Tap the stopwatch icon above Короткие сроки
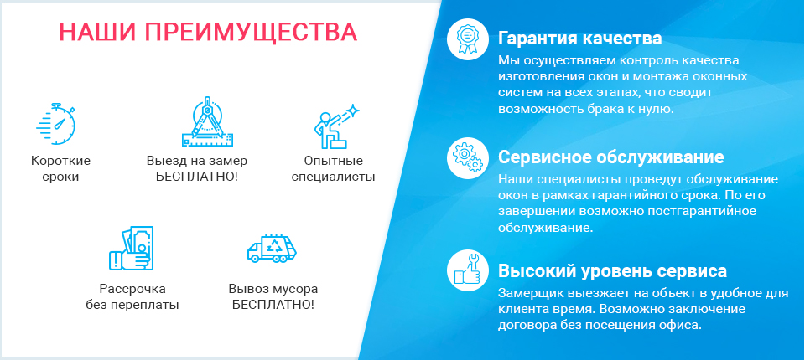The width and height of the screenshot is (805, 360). point(56,124)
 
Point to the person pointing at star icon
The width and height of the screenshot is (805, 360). point(336,126)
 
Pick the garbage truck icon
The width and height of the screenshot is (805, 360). point(272,249)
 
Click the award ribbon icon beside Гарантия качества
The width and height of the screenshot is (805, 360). point(467,39)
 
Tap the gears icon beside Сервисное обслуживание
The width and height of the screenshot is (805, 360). point(467,157)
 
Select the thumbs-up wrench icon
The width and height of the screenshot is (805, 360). point(467,270)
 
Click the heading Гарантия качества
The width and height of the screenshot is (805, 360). point(580,39)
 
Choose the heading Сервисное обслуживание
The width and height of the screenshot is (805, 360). point(611,157)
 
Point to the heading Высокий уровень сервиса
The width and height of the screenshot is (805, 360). point(612,270)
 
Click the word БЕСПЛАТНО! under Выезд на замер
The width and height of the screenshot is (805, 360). point(197,177)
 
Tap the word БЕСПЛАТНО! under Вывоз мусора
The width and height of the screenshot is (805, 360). point(273,305)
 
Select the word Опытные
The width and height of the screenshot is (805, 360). point(333,161)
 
